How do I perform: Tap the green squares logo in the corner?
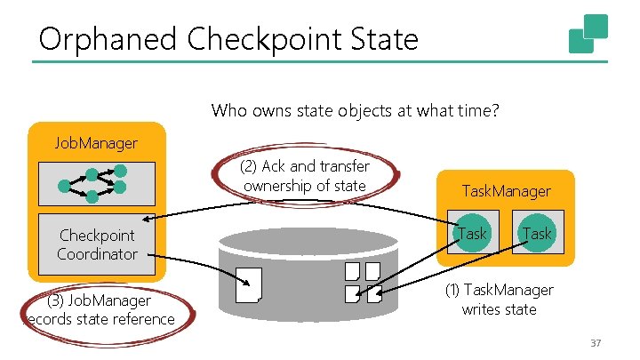[x=588, y=35]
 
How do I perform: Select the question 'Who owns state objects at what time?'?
[x=356, y=111]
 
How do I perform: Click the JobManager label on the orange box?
[x=96, y=141]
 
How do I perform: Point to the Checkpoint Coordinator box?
[x=97, y=244]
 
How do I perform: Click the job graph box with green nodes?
[x=97, y=183]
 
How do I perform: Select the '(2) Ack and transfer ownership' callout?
[x=305, y=175]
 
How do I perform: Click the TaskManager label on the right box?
[x=505, y=190]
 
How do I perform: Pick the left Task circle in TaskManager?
[x=471, y=234]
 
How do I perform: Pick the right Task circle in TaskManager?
[x=536, y=234]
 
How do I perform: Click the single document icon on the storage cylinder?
[x=252, y=284]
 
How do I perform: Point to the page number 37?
[x=596, y=344]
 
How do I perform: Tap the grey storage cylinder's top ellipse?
[x=307, y=239]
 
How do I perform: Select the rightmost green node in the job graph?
[x=120, y=187]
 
